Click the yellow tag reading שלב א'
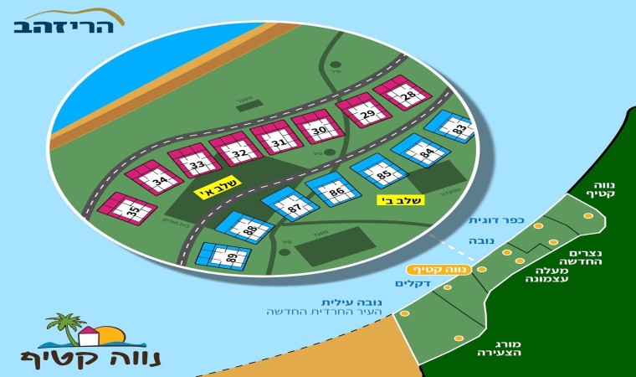point(218,189)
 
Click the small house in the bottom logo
point(88,337)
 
